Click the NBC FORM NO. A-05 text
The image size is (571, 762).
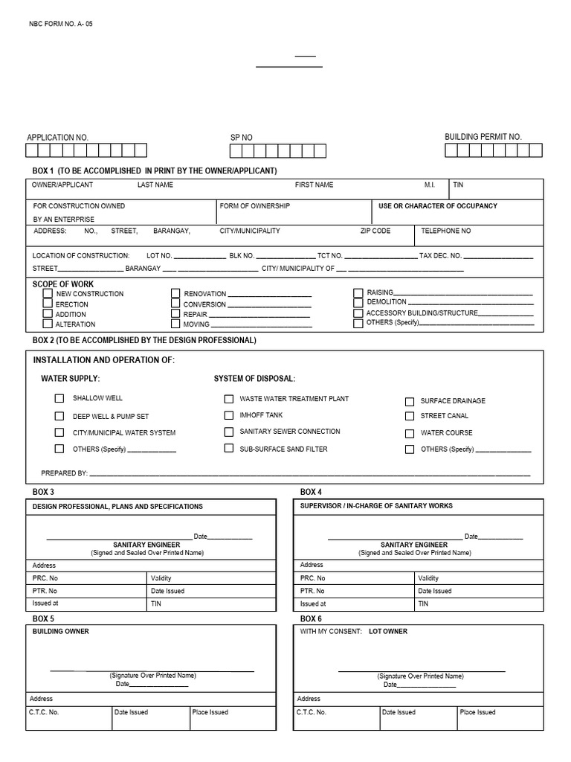tap(60, 24)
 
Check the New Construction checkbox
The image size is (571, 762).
tap(48, 293)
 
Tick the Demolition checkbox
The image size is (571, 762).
tap(358, 303)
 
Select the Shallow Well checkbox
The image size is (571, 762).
tap(59, 399)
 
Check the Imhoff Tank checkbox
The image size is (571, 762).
tap(229, 415)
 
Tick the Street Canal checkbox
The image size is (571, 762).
tap(410, 417)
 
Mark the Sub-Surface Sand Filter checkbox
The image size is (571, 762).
tap(229, 449)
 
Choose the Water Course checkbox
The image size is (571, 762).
tap(410, 433)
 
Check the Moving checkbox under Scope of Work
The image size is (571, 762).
tap(175, 324)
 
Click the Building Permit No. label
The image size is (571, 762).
tap(483, 137)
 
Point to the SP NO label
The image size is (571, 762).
tap(241, 138)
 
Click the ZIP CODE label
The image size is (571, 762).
tap(375, 231)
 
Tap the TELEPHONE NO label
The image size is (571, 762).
tap(445, 231)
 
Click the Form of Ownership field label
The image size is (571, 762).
tap(255, 206)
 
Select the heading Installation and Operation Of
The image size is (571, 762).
tap(103, 360)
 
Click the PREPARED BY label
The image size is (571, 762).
tap(65, 473)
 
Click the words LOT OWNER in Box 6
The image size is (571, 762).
tap(388, 632)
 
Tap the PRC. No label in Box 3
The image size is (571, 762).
tap(45, 578)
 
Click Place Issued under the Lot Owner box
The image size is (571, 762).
tap(477, 712)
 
